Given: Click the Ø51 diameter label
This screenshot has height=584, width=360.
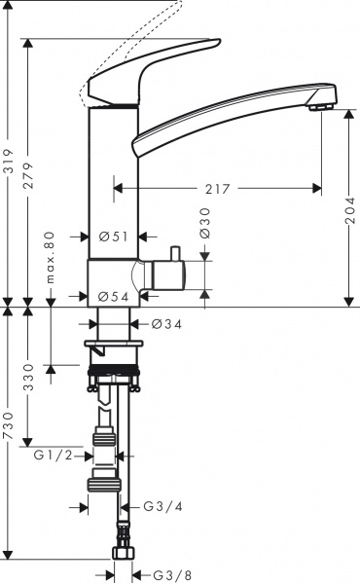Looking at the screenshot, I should click(115, 236).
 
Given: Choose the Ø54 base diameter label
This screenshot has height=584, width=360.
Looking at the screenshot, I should click(115, 296).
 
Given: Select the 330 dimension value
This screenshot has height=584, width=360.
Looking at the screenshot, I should click(30, 374).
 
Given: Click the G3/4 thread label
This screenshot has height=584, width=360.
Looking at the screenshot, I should click(161, 506).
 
